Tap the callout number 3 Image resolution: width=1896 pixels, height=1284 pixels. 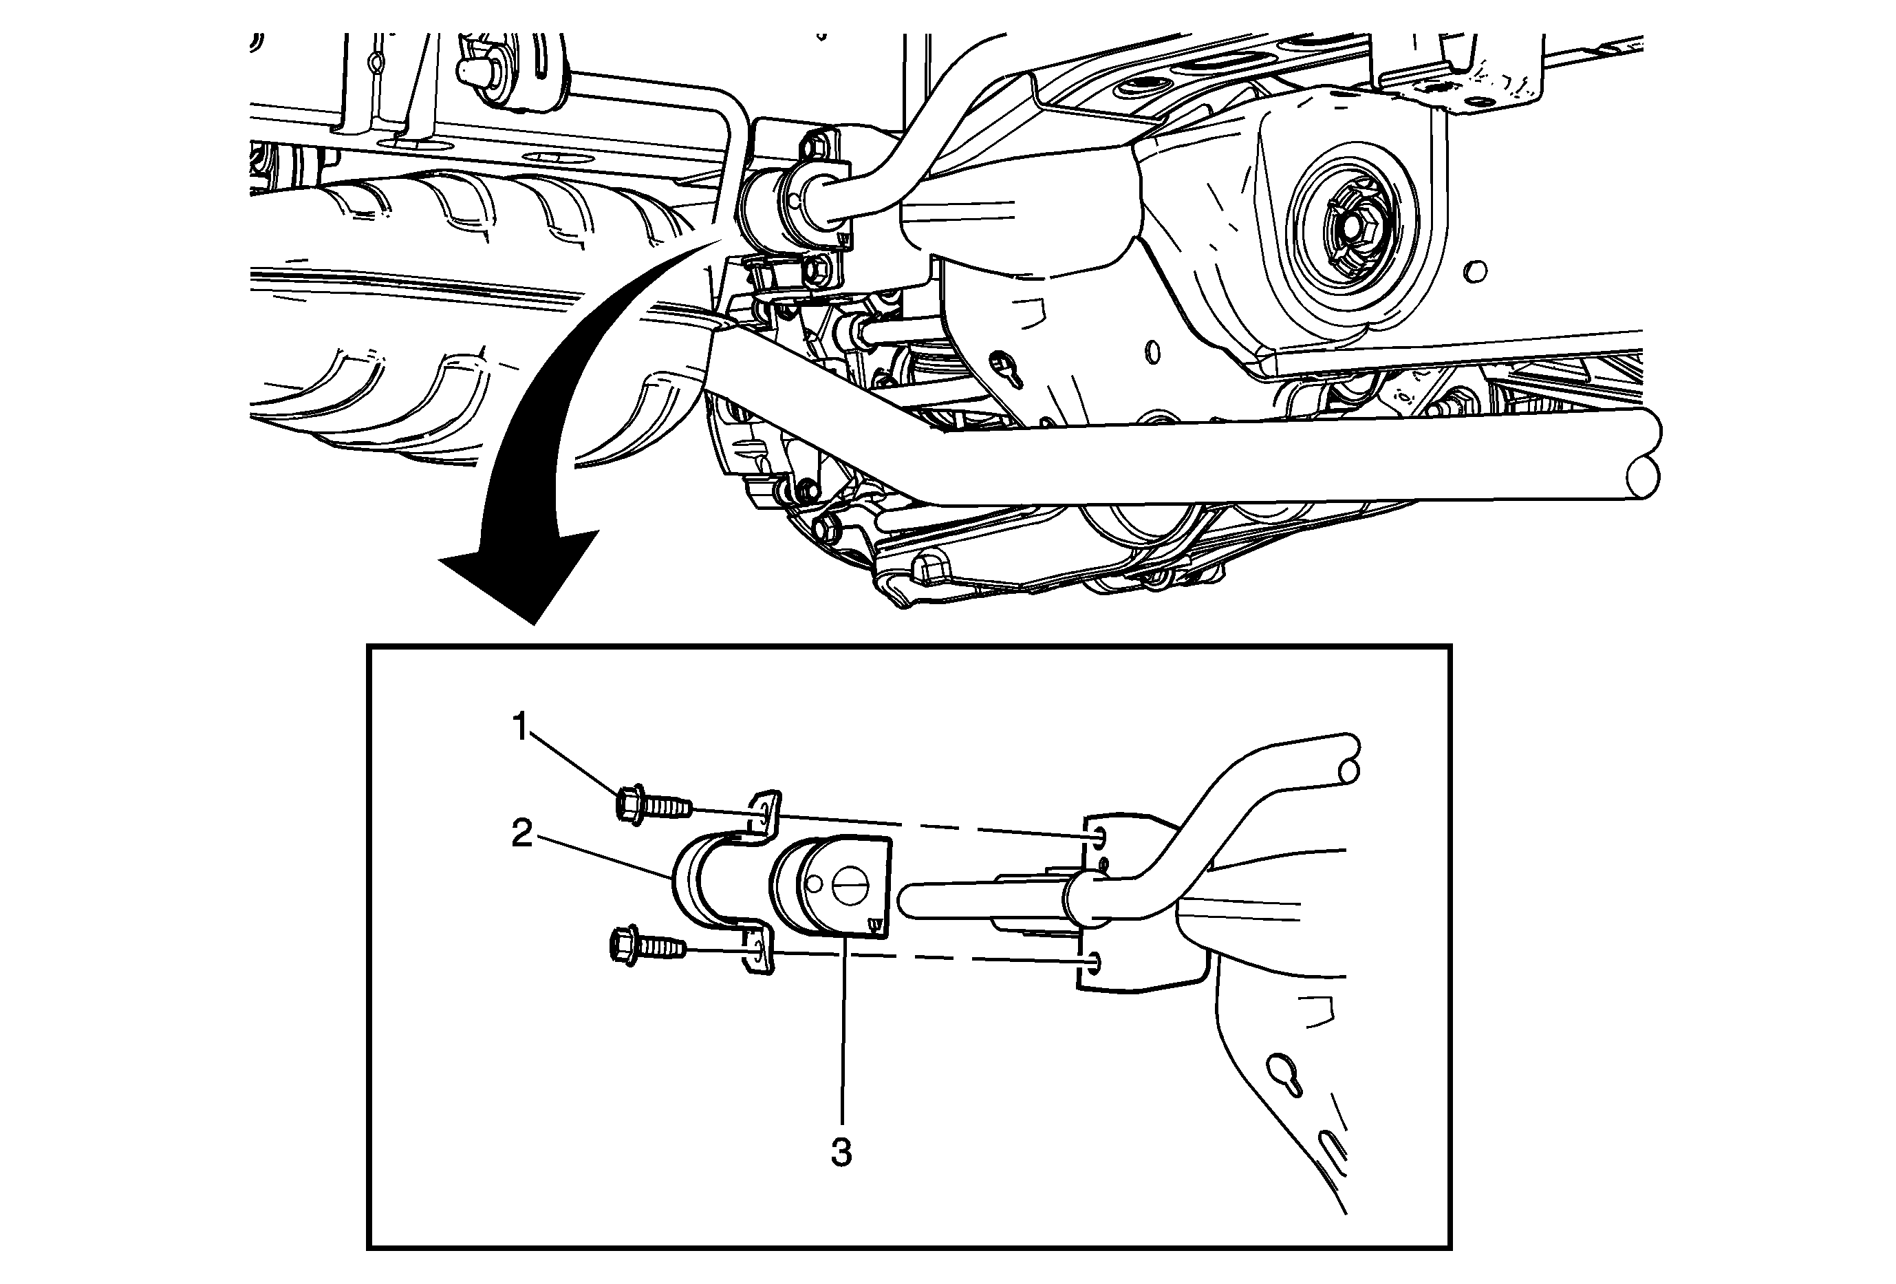(841, 1153)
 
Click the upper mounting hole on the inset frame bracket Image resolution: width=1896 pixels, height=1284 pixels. (1098, 836)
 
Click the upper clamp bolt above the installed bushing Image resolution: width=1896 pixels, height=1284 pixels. (815, 149)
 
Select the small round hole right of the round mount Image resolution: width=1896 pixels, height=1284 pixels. (1476, 271)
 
